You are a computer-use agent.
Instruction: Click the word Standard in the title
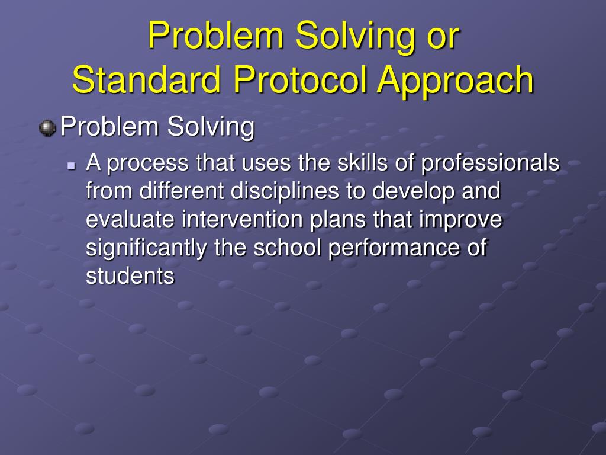pyautogui.click(x=146, y=79)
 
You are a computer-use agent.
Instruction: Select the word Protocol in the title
pyautogui.click(x=300, y=79)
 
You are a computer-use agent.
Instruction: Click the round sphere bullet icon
pyautogui.click(x=47, y=128)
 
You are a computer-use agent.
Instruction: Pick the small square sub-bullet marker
pyautogui.click(x=71, y=166)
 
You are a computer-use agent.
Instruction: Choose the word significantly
pyautogui.click(x=147, y=248)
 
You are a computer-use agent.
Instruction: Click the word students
pyautogui.click(x=130, y=276)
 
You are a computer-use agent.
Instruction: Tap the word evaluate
pyautogui.click(x=130, y=219)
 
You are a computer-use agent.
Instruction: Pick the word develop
pyautogui.click(x=413, y=191)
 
